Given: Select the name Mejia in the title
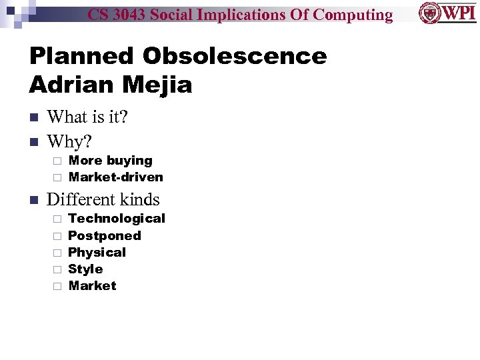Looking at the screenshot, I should (157, 85).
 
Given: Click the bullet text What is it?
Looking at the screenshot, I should (87, 117).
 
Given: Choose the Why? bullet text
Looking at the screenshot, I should (69, 141).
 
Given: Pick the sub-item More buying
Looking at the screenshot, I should (111, 161).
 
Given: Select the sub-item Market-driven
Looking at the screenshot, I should (116, 177).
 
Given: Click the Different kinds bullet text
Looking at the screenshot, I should (103, 199).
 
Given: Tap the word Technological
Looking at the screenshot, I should (117, 219).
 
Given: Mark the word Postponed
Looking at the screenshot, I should (105, 236).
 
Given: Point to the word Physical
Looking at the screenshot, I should (97, 253).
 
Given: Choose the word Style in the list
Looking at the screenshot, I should (86, 269).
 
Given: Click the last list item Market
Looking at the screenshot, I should (93, 286).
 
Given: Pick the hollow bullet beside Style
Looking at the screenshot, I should (57, 269).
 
